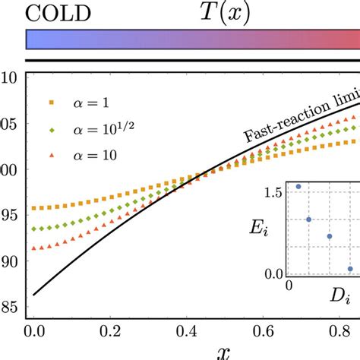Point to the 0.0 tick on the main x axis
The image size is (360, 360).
(x=33, y=330)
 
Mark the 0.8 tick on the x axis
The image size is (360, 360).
(x=343, y=330)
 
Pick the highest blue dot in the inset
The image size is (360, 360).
(x=298, y=186)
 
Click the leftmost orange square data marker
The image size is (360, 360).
(x=33, y=208)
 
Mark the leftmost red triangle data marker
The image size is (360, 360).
(x=33, y=248)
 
